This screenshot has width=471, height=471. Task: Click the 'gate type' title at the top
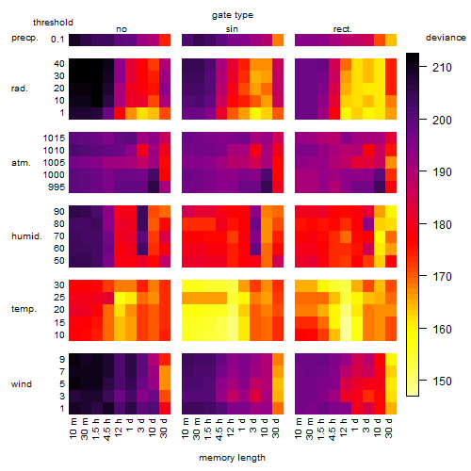233,15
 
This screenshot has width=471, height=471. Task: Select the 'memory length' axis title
232,458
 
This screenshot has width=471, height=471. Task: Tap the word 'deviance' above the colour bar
446,38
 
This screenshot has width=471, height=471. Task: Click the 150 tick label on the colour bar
442,382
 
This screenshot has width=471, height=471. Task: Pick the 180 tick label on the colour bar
442,224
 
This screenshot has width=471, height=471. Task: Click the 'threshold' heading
53,23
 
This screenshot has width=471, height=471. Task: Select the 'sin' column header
232,29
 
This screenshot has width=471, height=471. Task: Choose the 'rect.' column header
342,29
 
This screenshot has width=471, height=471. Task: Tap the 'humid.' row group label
26,236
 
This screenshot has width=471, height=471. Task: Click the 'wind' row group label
22,384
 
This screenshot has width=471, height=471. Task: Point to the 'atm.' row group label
21,163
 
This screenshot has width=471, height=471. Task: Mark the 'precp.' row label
24,38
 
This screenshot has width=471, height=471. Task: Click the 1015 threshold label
54,138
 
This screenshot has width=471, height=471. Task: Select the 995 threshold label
57,187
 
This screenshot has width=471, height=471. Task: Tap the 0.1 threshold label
57,40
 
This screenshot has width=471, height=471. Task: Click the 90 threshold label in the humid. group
59,212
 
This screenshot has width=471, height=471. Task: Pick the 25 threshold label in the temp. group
59,298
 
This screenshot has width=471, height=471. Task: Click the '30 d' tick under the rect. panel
388,428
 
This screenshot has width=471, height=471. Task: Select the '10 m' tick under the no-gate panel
73,429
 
